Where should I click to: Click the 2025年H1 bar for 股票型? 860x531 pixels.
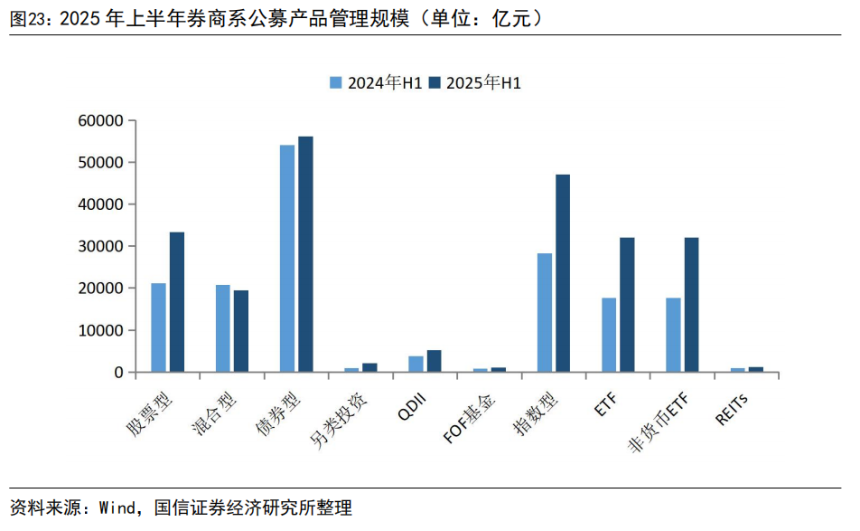(x=177, y=302)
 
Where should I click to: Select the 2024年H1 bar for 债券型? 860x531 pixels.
(x=287, y=259)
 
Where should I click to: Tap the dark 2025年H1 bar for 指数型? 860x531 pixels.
(x=563, y=273)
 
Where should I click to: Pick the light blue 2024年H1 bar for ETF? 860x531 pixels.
(x=609, y=335)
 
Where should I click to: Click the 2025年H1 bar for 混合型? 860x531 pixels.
(x=241, y=331)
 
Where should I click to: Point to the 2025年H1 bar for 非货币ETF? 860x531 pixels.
(x=692, y=305)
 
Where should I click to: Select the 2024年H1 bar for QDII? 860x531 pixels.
(x=416, y=364)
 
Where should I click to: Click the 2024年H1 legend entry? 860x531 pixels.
(x=376, y=82)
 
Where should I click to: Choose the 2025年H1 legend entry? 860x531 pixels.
(x=475, y=82)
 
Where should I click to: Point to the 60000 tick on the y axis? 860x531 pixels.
(x=101, y=120)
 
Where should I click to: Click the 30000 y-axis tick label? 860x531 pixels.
(x=101, y=246)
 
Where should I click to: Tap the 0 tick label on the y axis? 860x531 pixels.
(x=118, y=372)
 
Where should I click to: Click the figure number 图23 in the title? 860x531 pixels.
(x=31, y=18)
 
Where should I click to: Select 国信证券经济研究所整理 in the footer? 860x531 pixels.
(x=253, y=507)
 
